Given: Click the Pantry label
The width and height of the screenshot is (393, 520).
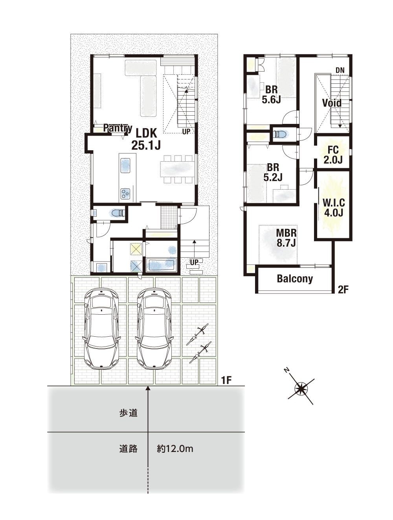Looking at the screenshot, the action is (118, 128).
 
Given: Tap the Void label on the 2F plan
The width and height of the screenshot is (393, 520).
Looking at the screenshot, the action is (332, 103).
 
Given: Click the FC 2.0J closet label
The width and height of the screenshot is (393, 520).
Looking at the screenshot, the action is (333, 155).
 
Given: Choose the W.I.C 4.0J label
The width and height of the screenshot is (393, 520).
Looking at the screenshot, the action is (334, 208).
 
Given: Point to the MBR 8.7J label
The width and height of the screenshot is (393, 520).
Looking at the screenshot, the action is (286, 238).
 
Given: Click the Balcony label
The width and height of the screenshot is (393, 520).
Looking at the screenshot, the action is (295, 278).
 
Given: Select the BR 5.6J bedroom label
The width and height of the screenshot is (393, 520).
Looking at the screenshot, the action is (271, 95).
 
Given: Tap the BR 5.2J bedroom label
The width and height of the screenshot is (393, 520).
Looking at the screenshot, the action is (273, 172).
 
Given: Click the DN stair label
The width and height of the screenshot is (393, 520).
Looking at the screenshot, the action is (340, 70).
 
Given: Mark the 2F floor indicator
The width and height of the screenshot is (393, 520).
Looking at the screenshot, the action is (343, 290).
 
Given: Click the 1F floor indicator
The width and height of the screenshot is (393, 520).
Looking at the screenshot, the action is (226, 380).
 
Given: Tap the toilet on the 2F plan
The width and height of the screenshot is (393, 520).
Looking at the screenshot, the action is (281, 134).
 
